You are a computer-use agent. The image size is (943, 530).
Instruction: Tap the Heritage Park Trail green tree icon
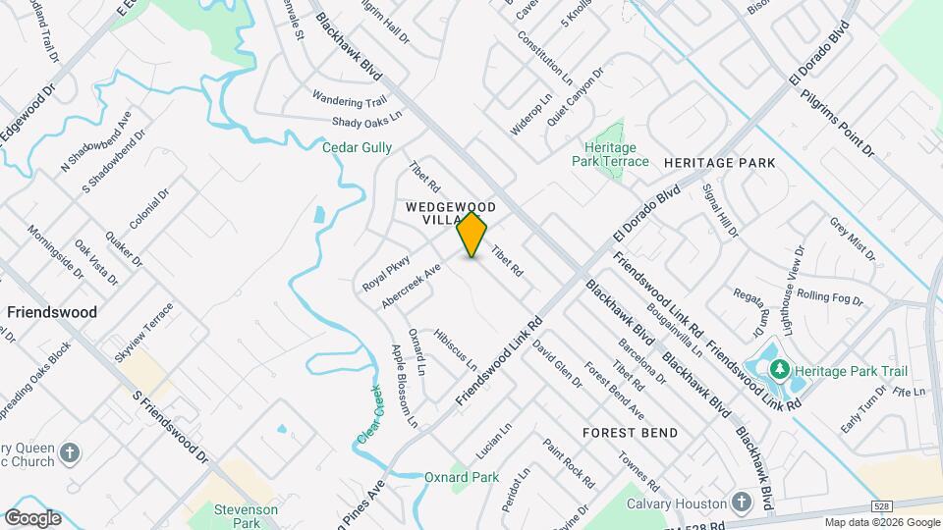click(x=780, y=370)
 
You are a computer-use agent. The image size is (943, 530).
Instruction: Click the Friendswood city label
click(x=52, y=312)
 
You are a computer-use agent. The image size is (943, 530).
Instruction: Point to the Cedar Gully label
click(x=358, y=147)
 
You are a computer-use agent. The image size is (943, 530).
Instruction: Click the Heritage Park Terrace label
click(x=610, y=154)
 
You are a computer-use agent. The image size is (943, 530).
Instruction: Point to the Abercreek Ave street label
click(x=410, y=286)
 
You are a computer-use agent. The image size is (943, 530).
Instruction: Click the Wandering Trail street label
click(x=350, y=101)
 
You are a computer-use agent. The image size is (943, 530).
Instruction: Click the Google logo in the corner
click(x=32, y=518)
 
